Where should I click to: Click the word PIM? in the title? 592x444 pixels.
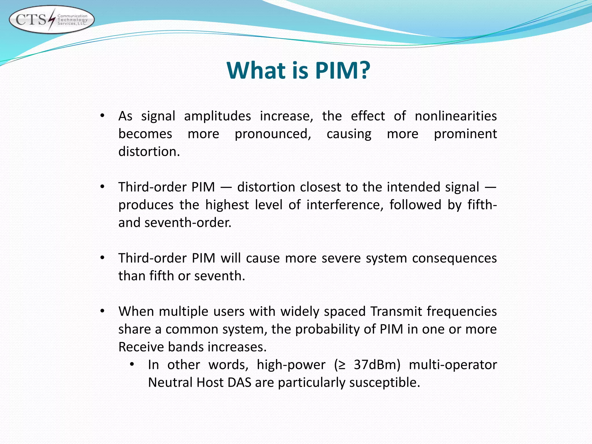(x=342, y=71)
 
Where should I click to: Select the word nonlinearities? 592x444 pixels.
(x=456, y=116)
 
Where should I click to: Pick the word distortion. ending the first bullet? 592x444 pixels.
(x=149, y=151)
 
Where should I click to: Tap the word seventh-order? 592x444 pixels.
(x=188, y=223)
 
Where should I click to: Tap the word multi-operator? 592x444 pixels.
(x=453, y=365)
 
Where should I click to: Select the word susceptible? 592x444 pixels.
(x=384, y=383)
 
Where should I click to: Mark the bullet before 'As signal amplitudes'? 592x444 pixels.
(x=102, y=116)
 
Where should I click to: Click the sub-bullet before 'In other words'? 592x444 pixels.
(x=132, y=365)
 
